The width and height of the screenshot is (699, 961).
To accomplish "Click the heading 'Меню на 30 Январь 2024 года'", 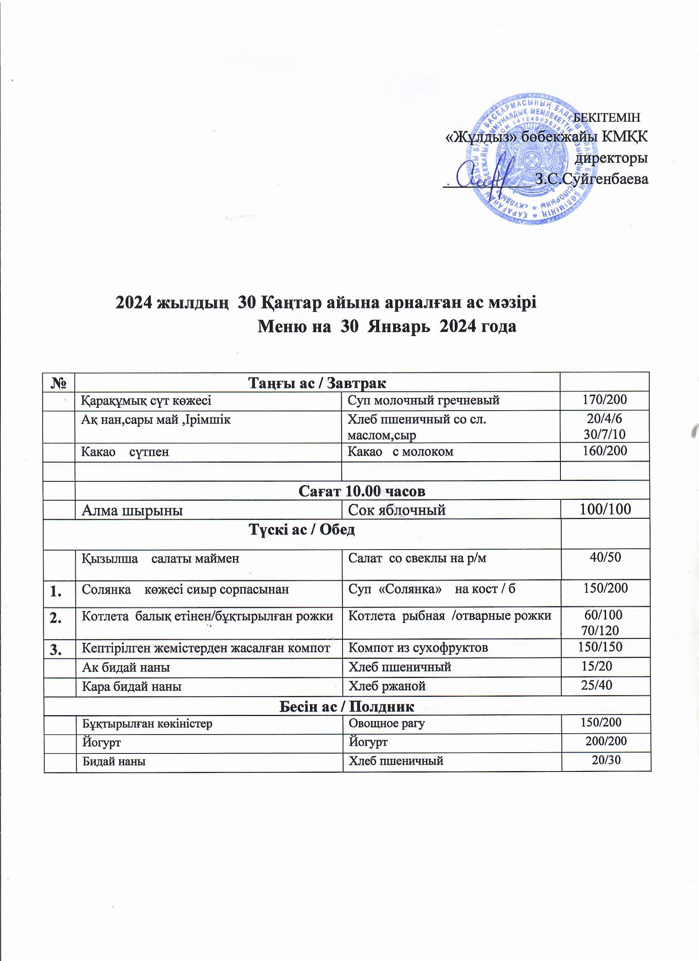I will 387,327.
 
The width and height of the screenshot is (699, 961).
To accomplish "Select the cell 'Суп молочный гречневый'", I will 424,400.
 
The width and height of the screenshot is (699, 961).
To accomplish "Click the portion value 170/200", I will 604,400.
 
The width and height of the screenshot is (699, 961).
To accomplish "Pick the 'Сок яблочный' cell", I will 396,510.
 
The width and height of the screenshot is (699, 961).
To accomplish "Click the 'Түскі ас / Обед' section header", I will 302,530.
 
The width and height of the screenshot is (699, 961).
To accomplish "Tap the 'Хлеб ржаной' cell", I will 387,686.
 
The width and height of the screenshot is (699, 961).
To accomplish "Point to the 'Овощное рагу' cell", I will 386,723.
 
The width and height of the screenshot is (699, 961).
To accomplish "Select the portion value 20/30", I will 606,760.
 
